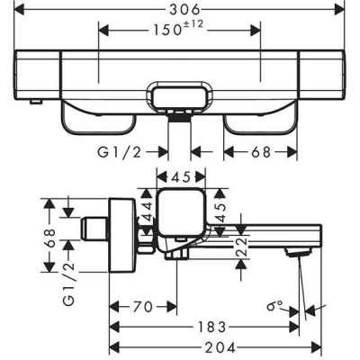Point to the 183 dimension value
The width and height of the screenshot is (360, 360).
coord(207,328)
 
